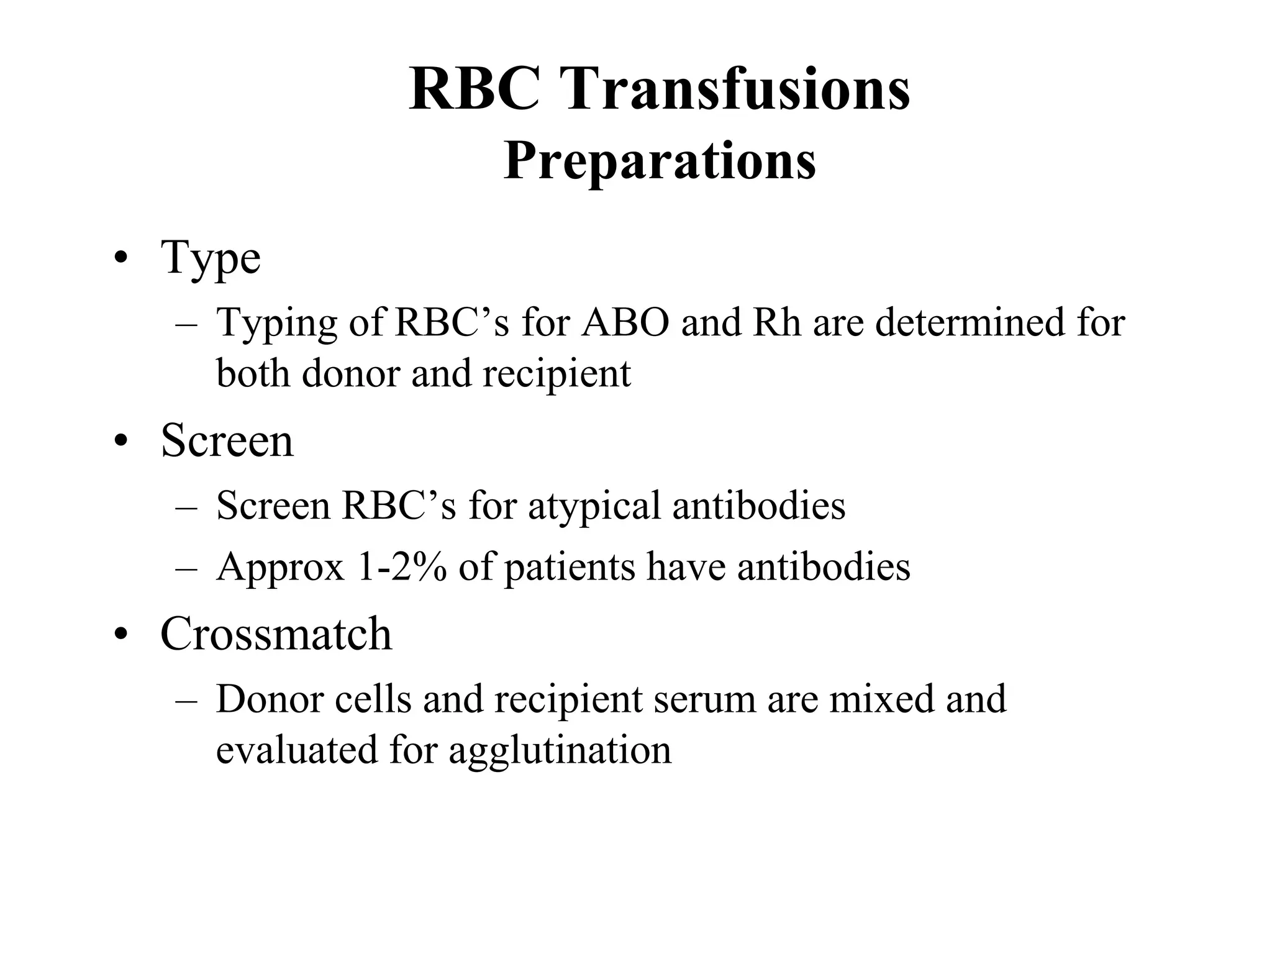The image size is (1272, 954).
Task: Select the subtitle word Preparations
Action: (660, 161)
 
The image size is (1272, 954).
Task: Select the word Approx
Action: (280, 568)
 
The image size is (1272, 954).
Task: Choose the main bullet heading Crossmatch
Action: (276, 634)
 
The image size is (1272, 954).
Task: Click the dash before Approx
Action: (186, 568)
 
